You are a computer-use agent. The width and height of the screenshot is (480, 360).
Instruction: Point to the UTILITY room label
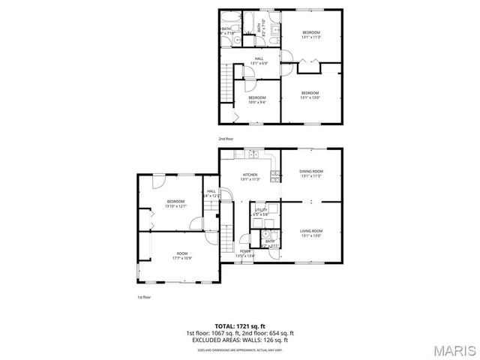[261, 211]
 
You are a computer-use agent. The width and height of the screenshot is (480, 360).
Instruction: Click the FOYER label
[245, 253]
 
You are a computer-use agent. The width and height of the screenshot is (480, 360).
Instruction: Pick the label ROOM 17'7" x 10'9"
[182, 255]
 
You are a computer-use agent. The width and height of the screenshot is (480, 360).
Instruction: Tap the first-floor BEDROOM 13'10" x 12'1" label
[176, 202]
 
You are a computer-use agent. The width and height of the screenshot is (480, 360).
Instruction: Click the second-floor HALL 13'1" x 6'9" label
[259, 61]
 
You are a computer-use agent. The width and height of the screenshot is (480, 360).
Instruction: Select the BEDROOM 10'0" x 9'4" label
[257, 99]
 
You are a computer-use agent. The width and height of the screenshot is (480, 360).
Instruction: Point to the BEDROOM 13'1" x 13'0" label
[310, 94]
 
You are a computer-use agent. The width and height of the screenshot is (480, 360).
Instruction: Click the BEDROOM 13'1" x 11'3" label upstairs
[310, 34]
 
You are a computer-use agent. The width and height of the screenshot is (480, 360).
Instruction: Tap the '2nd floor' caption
[226, 139]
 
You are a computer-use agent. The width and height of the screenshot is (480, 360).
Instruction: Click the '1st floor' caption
[144, 297]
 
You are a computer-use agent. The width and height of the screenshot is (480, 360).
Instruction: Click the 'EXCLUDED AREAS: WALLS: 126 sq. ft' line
[240, 340]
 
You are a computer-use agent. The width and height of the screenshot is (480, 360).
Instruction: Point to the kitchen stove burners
[275, 177]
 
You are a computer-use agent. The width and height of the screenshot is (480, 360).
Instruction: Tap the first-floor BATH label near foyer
[270, 244]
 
